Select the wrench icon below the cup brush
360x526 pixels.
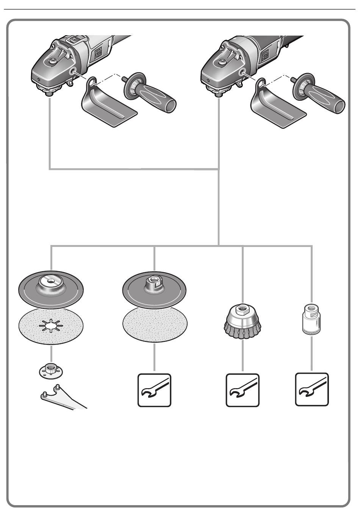pos(243,390)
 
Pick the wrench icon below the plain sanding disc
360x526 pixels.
pos(154,390)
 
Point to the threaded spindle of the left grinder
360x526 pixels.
pos(50,94)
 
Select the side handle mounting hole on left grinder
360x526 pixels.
pos(72,70)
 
